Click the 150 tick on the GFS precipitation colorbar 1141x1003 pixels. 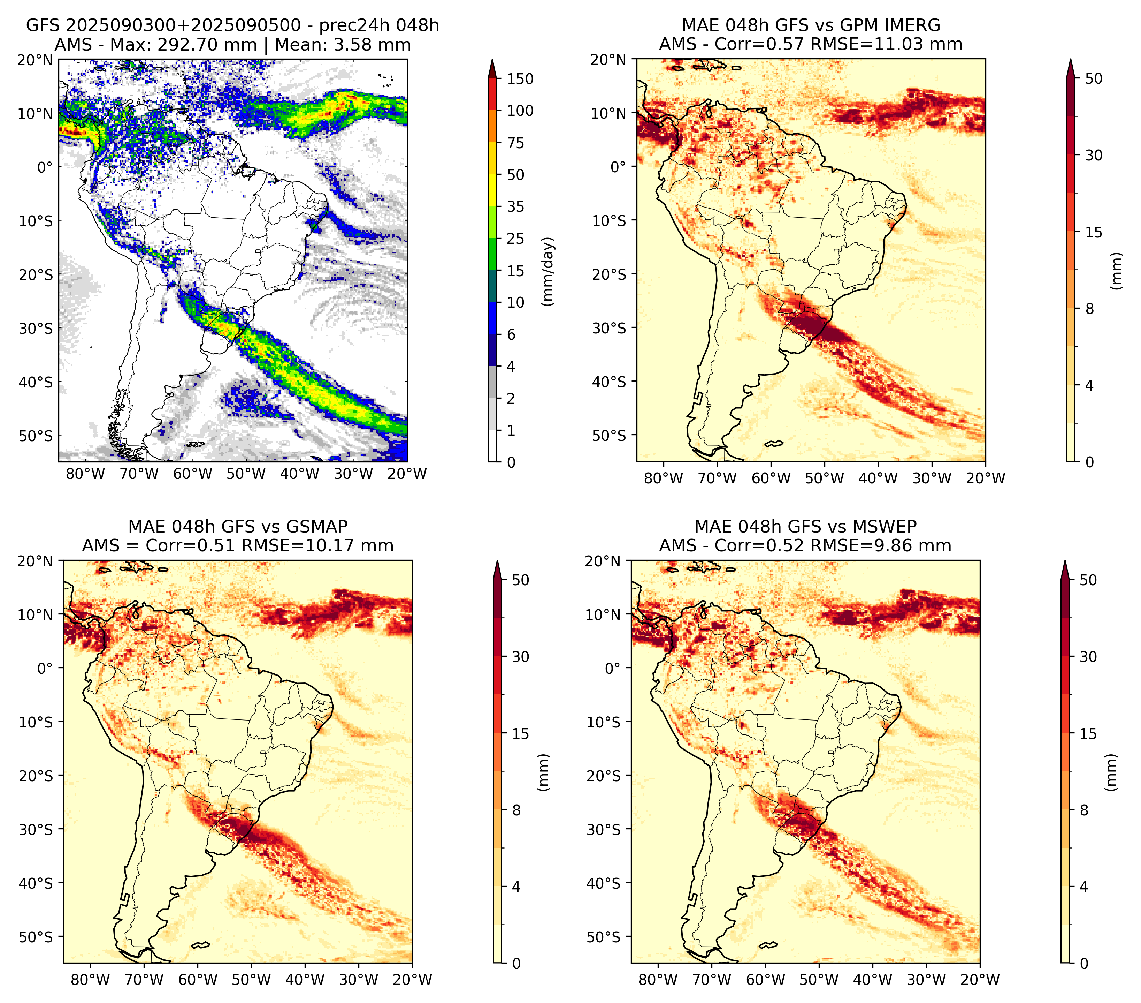click(520, 79)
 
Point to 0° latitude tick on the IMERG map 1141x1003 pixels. click(618, 166)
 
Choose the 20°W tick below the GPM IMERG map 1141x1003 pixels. click(985, 478)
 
